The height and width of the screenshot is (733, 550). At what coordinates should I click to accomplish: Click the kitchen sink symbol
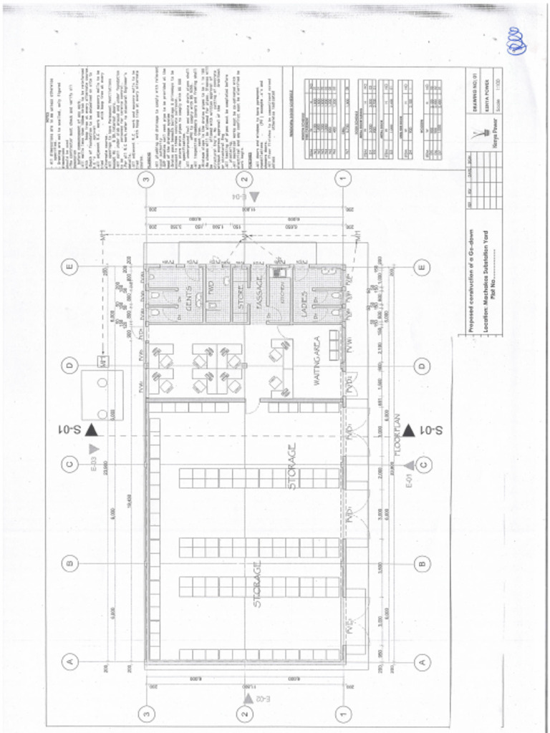tap(280, 273)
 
